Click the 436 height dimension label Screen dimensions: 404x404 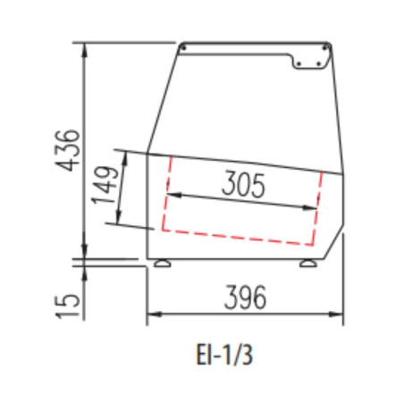point(68,150)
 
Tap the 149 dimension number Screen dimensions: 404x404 point(105,185)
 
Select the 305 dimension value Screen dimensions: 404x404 point(243,184)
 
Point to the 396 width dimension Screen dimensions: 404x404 point(245,298)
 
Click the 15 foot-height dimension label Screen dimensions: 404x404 point(68,307)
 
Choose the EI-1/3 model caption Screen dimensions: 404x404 point(224,355)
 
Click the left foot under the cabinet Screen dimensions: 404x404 point(163,264)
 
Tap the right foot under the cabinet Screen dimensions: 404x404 point(308,264)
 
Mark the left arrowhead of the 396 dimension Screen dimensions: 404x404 point(154,314)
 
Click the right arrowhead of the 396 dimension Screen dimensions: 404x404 point(336,314)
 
